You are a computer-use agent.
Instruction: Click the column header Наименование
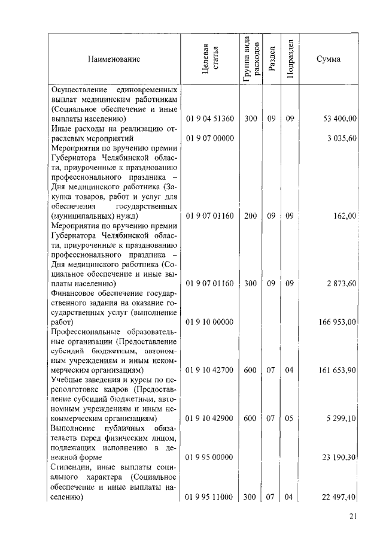point(114,59)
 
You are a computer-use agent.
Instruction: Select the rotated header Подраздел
point(290,59)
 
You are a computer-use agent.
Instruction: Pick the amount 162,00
point(346,216)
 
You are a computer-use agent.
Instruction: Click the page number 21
point(351,517)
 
